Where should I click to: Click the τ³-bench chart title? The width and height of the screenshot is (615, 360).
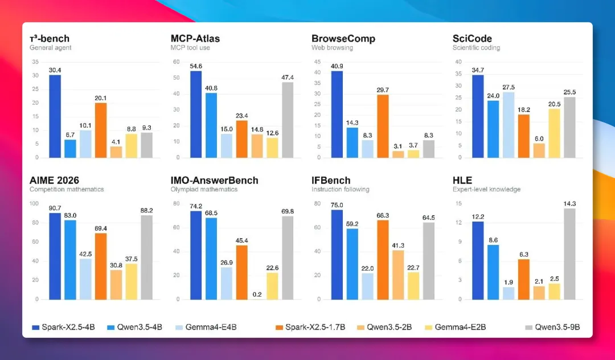coord(50,38)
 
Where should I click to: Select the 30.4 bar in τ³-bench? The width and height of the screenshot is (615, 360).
coord(55,116)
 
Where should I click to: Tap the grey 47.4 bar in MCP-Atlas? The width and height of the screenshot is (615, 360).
coord(288,120)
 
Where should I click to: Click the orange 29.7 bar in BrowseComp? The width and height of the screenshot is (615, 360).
coord(383,126)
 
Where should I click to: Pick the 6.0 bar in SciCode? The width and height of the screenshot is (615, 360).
coord(539,150)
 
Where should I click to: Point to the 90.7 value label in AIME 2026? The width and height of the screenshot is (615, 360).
coord(55,208)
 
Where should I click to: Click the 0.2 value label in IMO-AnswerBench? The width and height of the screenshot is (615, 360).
coord(257,294)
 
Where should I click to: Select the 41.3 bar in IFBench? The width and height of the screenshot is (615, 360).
coord(398,275)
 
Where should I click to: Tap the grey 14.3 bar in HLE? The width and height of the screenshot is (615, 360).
coord(569,253)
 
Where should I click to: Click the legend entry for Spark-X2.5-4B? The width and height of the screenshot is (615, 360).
coord(63,327)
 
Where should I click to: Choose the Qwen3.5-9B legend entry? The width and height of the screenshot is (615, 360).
coord(552,327)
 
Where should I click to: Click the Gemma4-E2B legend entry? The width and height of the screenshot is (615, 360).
coord(456,327)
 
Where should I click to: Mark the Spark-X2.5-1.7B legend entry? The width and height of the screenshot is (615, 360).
coord(310,327)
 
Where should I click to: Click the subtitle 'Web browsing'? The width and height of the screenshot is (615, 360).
coord(332,48)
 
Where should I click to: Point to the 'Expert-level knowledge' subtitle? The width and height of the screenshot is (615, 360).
coord(486,190)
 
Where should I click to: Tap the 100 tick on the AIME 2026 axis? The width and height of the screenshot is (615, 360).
coord(34,203)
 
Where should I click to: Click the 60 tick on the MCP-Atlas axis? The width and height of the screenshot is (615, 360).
coord(176,62)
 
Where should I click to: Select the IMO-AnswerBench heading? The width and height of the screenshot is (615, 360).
coord(214,181)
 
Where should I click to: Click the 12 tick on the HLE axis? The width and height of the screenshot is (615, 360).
coord(458,223)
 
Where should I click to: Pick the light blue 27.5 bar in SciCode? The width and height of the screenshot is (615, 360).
coord(509,125)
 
